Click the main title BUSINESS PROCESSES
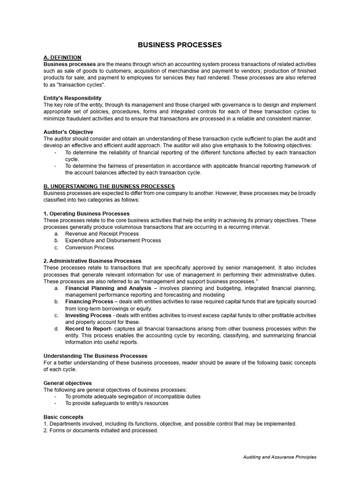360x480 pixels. pos(180,45)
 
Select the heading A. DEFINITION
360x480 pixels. pos(62,57)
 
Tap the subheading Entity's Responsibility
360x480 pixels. pos(72,98)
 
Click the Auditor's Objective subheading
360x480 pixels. pos(68,132)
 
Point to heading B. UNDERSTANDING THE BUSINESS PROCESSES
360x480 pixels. pos(109,187)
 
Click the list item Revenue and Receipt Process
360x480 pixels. pos(102,233)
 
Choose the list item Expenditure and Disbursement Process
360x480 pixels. pos(113,240)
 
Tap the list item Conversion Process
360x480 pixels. pos(89,247)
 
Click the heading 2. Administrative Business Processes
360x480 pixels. pos(92,261)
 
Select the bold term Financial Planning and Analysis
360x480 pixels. pos(108,288)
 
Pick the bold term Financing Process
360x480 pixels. pos(89,301)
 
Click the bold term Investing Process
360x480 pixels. pos(88,315)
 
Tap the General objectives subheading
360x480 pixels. pos(67,383)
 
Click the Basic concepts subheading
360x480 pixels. pos(63,417)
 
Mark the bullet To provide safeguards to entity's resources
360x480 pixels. pos(116,403)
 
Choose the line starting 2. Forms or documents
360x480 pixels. pos(101,430)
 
